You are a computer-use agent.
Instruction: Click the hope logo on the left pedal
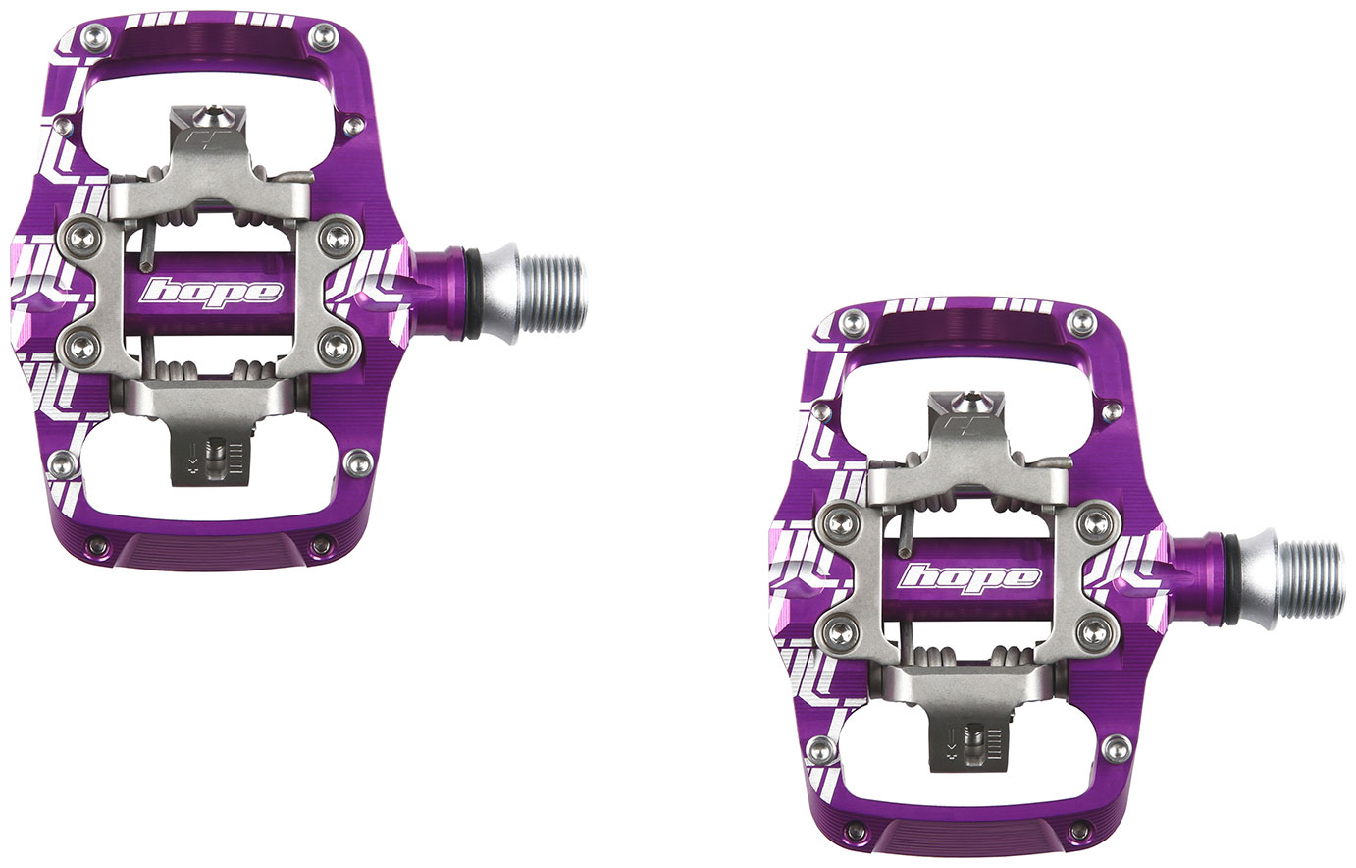[x=211, y=294]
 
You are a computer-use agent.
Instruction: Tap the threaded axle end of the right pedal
[x=1311, y=578]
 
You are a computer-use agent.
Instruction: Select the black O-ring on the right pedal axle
[x=1230, y=578]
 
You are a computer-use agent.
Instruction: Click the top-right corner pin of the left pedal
[x=323, y=37]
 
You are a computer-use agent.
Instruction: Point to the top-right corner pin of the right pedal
[x=1082, y=322]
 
